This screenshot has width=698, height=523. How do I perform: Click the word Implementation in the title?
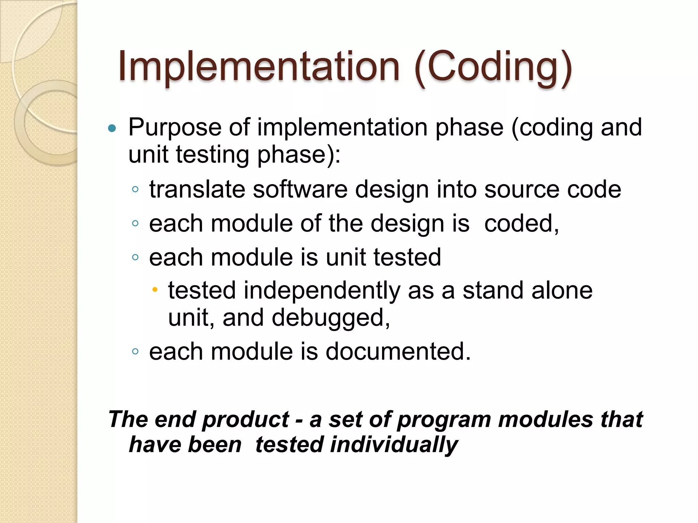coord(259,66)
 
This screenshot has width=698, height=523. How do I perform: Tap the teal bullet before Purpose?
coord(112,128)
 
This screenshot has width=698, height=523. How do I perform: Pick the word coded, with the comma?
coord(521,224)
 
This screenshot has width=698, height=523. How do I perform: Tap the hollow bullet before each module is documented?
coord(135,352)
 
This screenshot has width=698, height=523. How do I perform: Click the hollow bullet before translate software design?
coord(135,189)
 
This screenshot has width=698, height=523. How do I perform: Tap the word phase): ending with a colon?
coord(299,155)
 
